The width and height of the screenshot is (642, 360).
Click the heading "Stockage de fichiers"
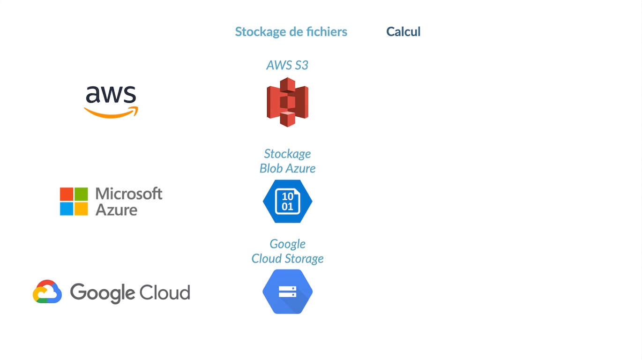291,32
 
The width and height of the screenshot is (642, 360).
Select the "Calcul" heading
403,31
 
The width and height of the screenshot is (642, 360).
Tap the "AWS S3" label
287,65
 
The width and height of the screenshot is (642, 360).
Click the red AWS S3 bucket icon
287,102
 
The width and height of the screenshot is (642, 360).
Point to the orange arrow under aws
111,113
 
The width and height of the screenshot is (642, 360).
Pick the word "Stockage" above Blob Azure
287,154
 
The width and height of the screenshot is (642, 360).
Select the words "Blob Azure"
287,168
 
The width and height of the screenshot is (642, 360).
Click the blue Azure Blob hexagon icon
287,201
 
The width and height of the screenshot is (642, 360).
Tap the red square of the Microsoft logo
66,194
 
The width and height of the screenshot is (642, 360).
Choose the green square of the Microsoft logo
81,194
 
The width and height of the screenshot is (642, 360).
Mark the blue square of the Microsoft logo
66,209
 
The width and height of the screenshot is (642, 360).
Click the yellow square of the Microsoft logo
81,209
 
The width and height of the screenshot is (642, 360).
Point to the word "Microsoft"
129,194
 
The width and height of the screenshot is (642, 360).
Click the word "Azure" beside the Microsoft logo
116,210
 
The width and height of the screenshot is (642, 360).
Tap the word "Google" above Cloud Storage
287,245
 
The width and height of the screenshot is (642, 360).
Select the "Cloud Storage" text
287,259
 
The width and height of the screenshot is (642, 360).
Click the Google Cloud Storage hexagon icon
287,292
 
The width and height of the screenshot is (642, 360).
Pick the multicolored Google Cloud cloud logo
47,292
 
